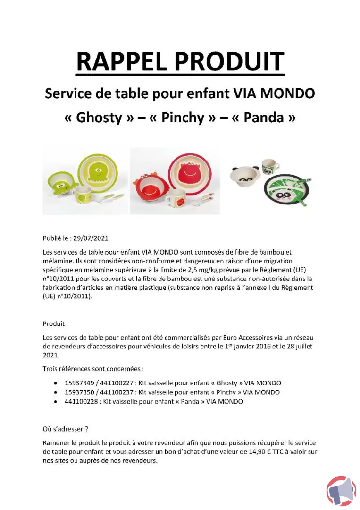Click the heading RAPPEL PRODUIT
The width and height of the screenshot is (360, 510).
pyautogui.click(x=180, y=61)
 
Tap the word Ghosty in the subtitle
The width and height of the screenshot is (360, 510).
pyautogui.click(x=99, y=118)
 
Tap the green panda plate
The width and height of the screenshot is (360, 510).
pyautogui.click(x=284, y=190)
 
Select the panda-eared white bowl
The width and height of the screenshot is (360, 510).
pyautogui.click(x=245, y=177)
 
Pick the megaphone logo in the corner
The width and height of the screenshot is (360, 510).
pyautogui.click(x=341, y=492)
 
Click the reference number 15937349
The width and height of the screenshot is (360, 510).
pyautogui.click(x=80, y=383)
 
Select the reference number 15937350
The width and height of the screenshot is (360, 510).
pyautogui.click(x=80, y=392)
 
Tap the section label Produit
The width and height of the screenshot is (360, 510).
pyautogui.click(x=54, y=324)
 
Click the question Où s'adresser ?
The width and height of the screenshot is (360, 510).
pyautogui.click(x=66, y=429)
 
